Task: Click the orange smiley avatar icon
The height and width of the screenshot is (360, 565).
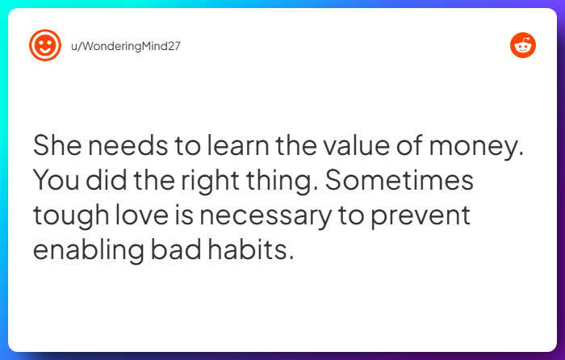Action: [x=45, y=45]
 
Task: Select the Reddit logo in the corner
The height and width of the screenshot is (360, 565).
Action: [x=522, y=45]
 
